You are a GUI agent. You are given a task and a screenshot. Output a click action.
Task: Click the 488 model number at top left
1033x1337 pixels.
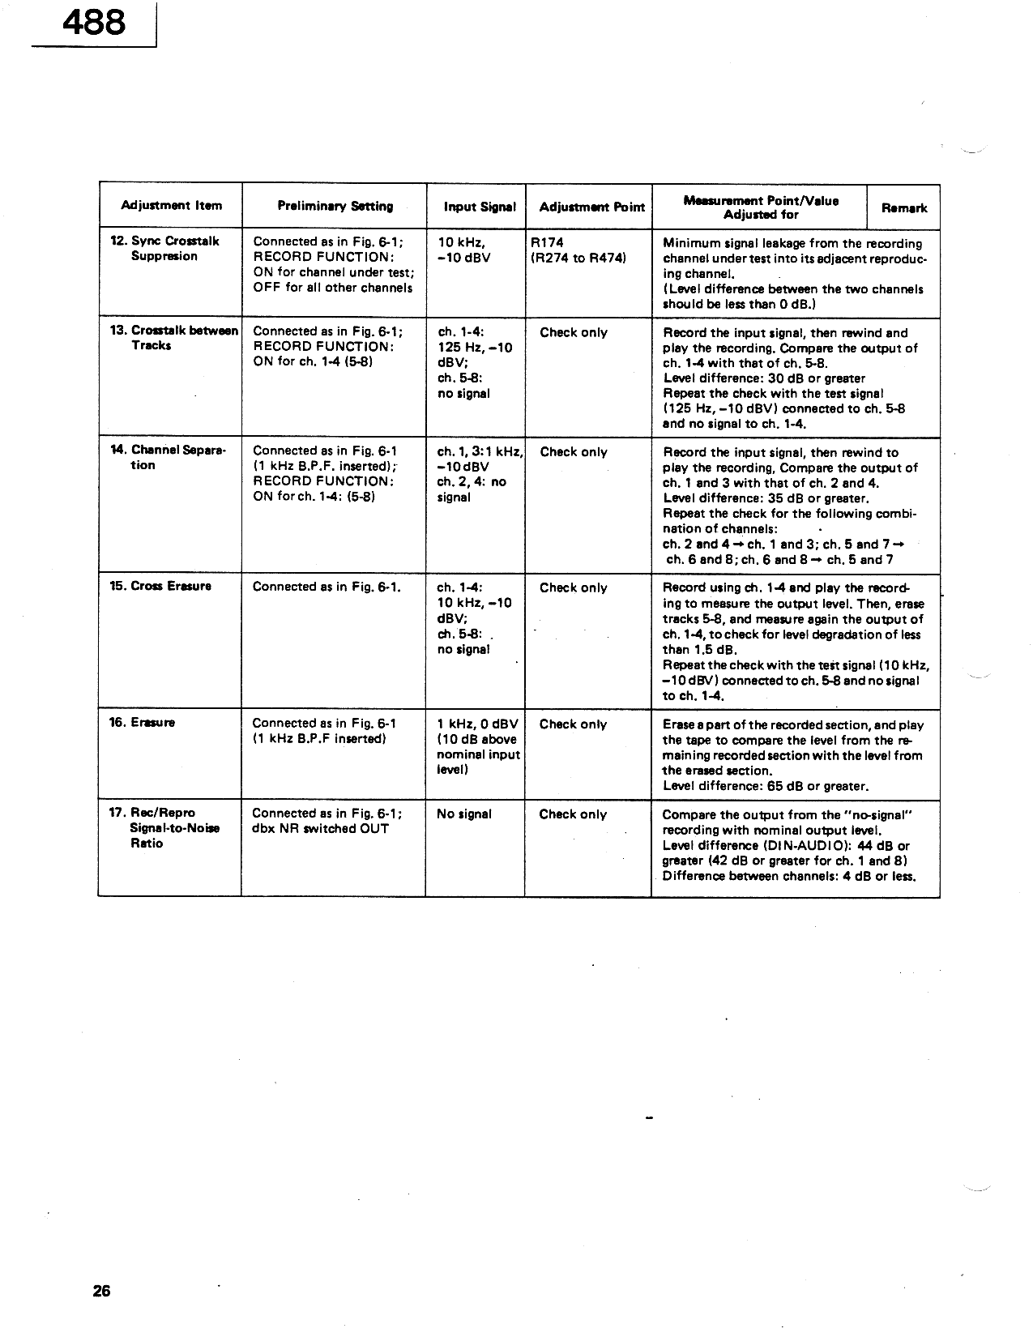(x=94, y=22)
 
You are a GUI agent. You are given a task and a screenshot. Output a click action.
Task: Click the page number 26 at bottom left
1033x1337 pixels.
(x=101, y=1291)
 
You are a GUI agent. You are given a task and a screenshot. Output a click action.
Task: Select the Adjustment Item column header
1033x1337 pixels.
(x=171, y=206)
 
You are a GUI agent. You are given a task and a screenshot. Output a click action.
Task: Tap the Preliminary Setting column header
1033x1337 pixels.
(x=335, y=207)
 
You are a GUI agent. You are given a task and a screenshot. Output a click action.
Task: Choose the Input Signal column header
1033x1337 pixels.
(x=480, y=207)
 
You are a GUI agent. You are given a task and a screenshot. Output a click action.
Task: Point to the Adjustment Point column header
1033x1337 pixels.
(x=591, y=207)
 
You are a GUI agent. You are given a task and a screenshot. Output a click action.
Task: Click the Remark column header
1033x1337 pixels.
(x=903, y=208)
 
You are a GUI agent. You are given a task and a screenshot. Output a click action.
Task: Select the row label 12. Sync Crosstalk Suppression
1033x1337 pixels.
(x=164, y=249)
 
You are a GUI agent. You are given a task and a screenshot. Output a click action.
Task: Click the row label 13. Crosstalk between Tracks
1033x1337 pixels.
(x=173, y=338)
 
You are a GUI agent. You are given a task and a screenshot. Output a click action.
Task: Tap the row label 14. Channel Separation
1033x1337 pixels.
(x=167, y=458)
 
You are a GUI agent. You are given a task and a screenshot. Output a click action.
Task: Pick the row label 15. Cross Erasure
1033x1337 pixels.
(x=160, y=586)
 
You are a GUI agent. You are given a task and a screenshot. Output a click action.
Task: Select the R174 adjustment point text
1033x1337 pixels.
(x=547, y=242)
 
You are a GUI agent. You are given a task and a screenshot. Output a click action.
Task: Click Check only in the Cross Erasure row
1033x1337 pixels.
(x=573, y=588)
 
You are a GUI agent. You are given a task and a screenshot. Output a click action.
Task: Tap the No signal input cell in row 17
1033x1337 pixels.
(x=463, y=814)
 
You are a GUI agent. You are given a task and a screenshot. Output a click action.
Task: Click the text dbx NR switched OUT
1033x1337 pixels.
(x=320, y=829)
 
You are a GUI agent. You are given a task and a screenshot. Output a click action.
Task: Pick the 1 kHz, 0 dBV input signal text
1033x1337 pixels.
(x=476, y=724)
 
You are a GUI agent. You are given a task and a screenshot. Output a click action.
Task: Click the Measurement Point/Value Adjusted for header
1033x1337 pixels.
(x=761, y=207)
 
